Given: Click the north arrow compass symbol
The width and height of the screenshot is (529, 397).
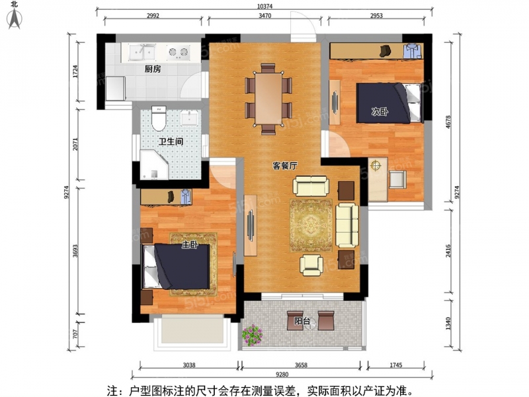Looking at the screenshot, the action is [x=15, y=16].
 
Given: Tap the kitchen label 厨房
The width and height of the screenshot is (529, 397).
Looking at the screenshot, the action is [x=153, y=69].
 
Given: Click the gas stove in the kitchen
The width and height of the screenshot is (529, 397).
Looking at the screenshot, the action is [x=178, y=52].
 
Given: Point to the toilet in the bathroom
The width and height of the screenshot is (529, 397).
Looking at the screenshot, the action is [x=159, y=118].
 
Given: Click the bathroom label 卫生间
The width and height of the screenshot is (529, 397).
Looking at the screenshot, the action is [x=171, y=142].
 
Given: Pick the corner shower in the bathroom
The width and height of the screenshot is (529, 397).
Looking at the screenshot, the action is [x=154, y=165].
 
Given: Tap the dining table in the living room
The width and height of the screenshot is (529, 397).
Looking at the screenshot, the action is [x=268, y=99].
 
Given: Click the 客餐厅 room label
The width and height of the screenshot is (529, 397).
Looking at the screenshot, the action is [x=285, y=166].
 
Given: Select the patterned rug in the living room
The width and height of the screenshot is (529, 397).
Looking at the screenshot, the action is [x=311, y=226].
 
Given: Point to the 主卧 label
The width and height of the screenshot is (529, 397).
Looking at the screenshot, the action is [x=190, y=244].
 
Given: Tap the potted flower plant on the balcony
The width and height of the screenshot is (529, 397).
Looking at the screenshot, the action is [x=252, y=335].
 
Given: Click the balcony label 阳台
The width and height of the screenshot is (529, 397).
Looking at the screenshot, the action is [x=302, y=321].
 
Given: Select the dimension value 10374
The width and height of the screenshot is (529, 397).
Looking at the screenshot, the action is [x=264, y=6].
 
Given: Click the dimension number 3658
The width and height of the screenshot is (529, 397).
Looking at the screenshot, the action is [x=301, y=365].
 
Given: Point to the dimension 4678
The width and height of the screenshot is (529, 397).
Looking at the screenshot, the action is [x=448, y=122].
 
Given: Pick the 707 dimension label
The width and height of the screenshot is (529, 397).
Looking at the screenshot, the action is [x=75, y=334].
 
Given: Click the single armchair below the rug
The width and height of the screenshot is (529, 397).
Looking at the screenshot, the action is [x=311, y=265].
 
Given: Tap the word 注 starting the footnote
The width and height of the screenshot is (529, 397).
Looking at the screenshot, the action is [x=112, y=391].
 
